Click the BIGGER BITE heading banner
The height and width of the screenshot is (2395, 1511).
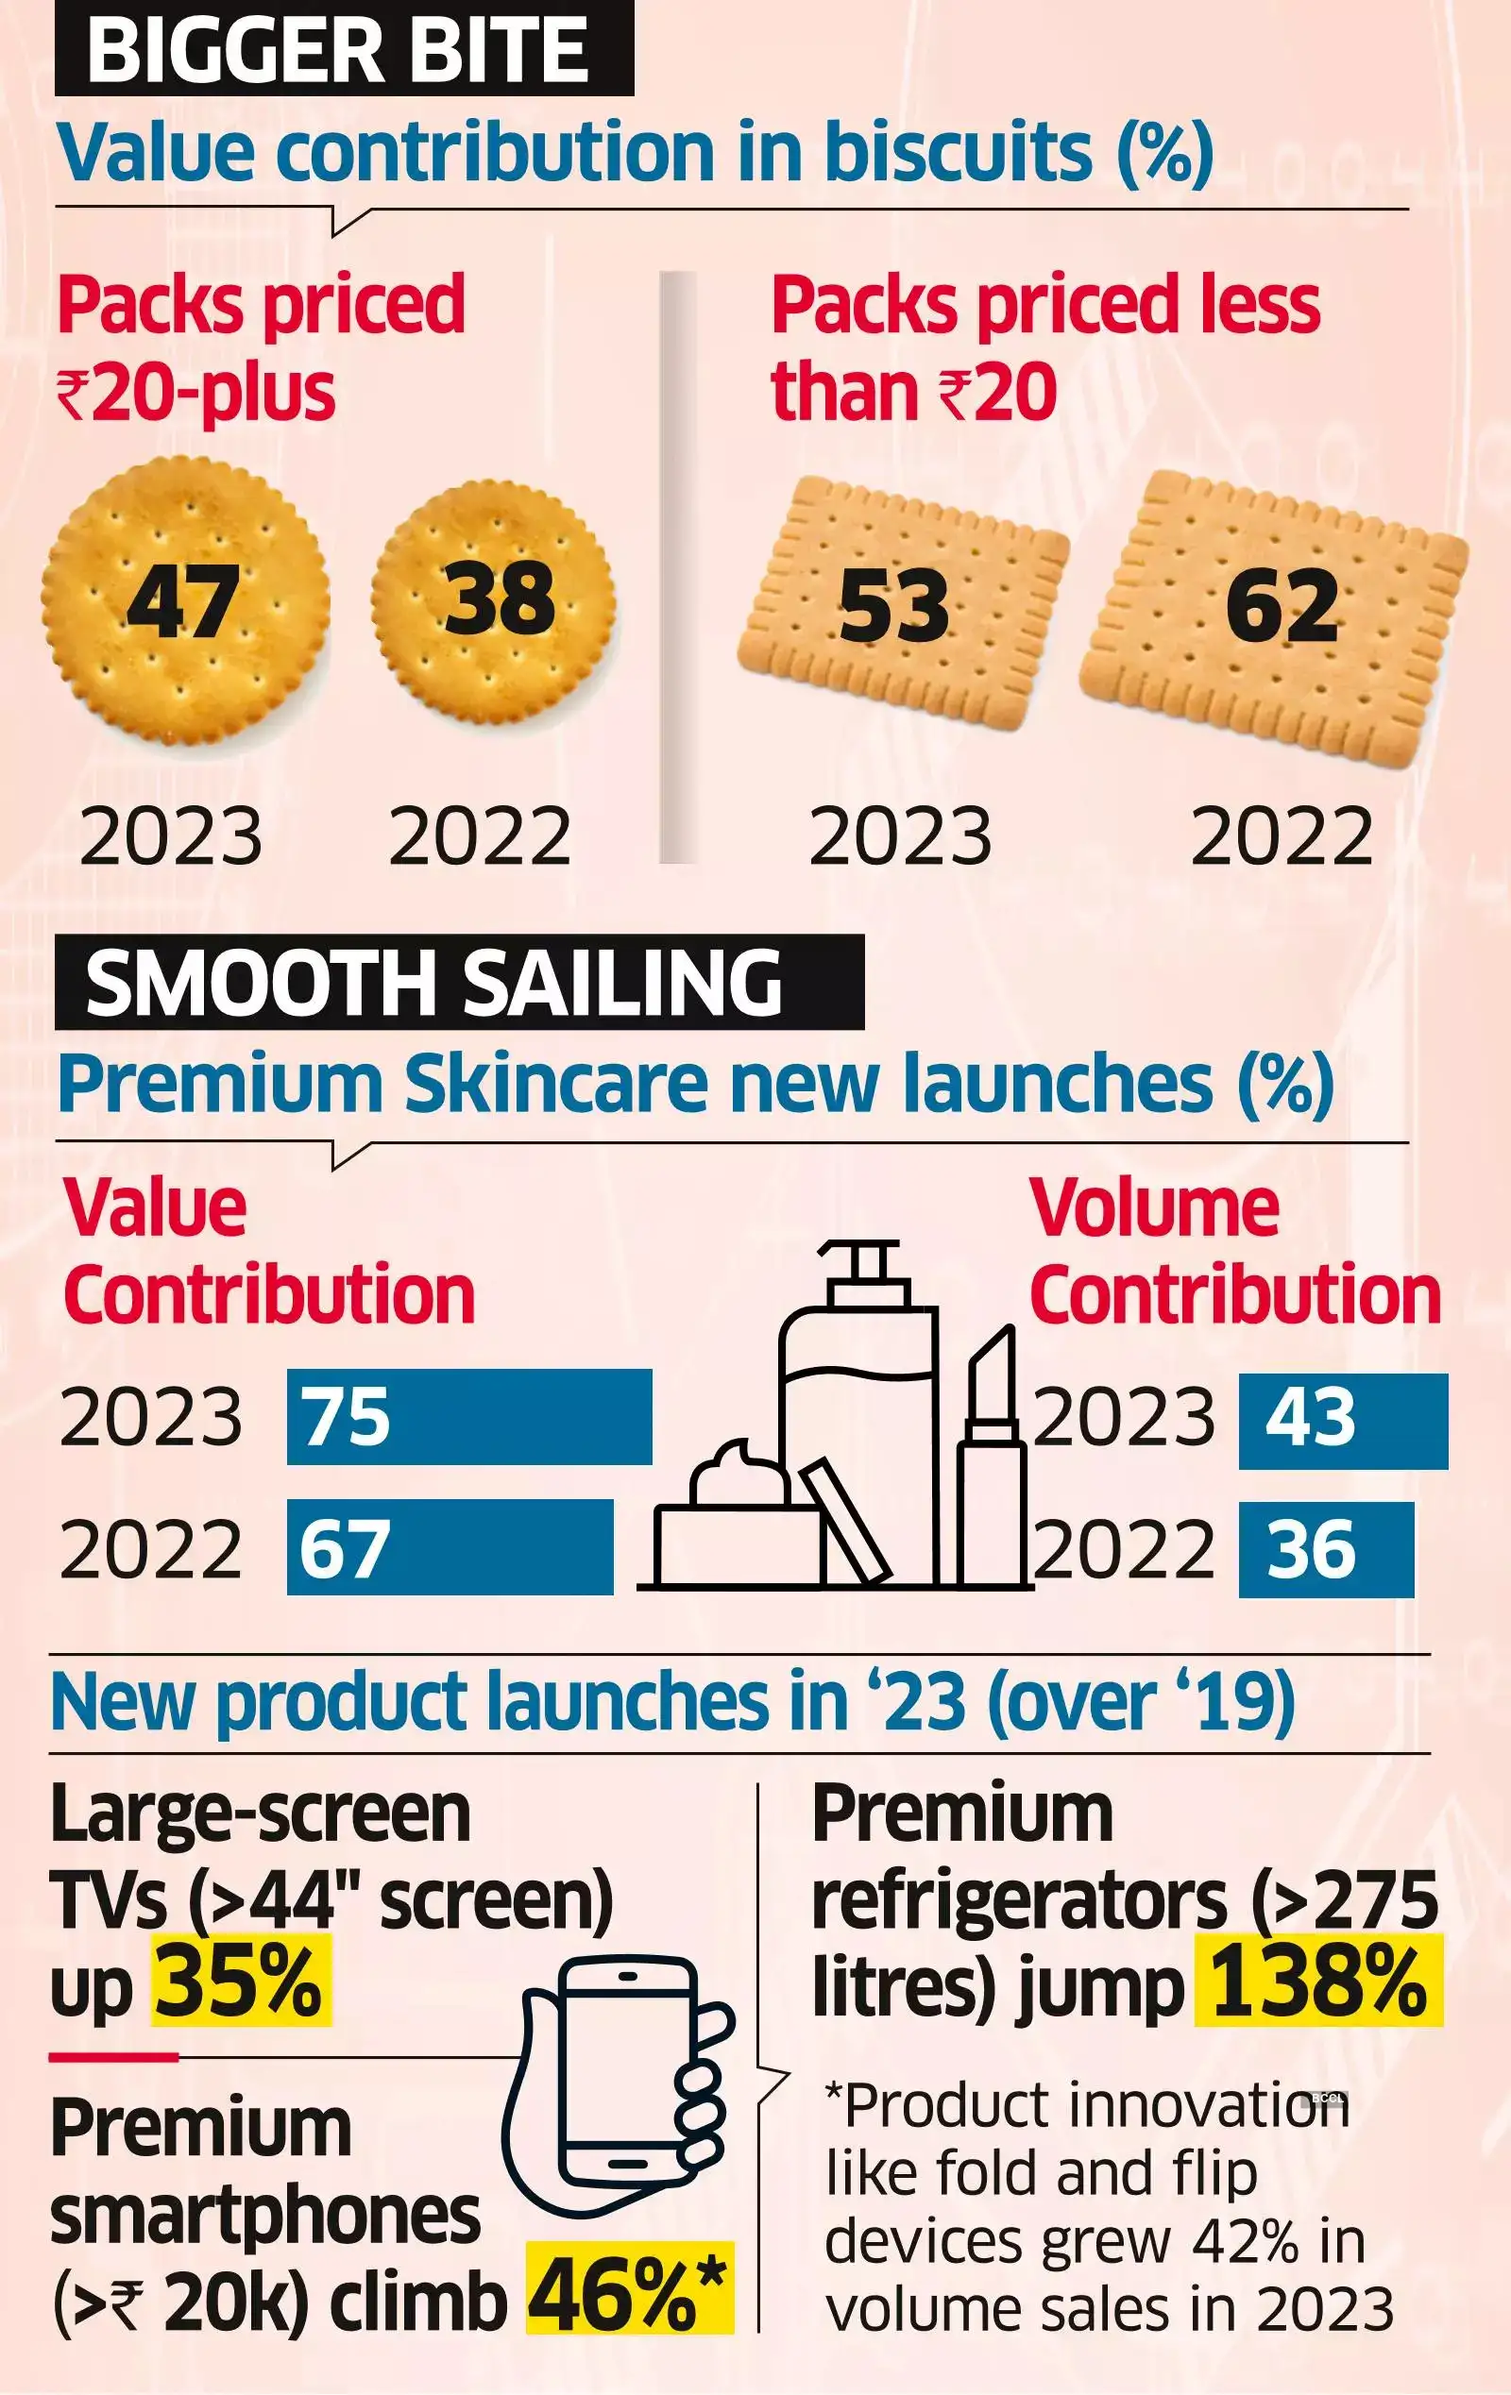[x=343, y=50]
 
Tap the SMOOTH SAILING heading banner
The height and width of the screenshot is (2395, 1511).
[x=459, y=983]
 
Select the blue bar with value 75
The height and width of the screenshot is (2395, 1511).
[x=468, y=1416]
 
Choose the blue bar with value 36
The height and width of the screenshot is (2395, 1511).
[x=1325, y=1549]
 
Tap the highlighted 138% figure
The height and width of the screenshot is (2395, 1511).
[x=1318, y=1982]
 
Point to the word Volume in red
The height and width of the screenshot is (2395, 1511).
[x=1154, y=1208]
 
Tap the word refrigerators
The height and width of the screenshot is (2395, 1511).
[x=1019, y=1900]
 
